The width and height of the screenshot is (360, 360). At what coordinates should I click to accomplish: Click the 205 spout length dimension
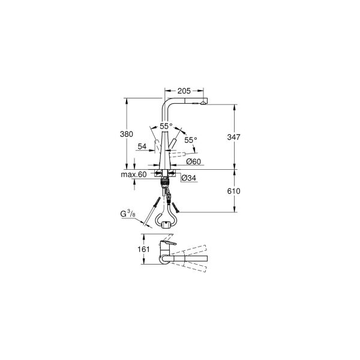tap(184, 91)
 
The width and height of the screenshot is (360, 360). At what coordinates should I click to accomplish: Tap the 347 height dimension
tap(234, 137)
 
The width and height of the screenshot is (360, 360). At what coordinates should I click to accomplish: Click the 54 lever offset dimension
tap(142, 146)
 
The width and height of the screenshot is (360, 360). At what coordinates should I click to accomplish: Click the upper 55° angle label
tap(166, 127)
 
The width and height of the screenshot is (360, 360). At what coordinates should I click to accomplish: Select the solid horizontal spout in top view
tap(189, 258)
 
